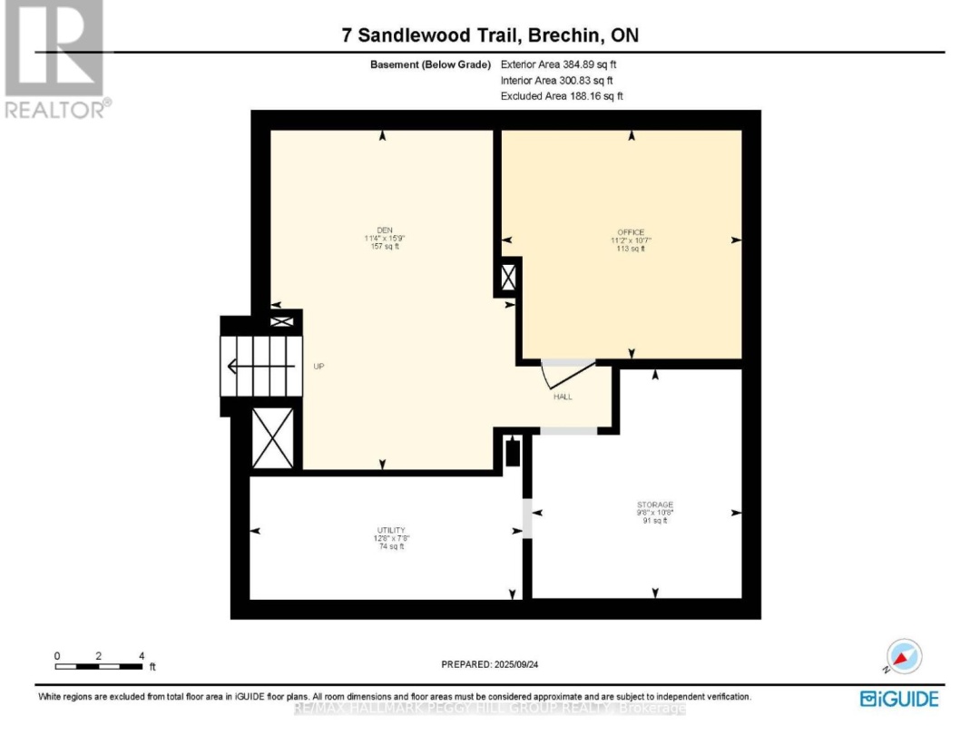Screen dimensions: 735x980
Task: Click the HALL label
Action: [563, 397]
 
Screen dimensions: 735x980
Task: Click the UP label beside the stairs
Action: [318, 367]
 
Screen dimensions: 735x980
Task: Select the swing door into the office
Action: [566, 372]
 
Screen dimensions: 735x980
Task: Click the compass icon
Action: [904, 657]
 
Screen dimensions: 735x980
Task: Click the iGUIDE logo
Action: [898, 698]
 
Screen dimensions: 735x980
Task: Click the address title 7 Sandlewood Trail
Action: [489, 35]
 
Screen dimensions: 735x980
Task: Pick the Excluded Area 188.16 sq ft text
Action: [562, 95]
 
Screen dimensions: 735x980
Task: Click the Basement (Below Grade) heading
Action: [430, 65]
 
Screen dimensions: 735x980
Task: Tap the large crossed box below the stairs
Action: [272, 438]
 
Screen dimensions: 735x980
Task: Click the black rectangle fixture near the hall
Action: [514, 452]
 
